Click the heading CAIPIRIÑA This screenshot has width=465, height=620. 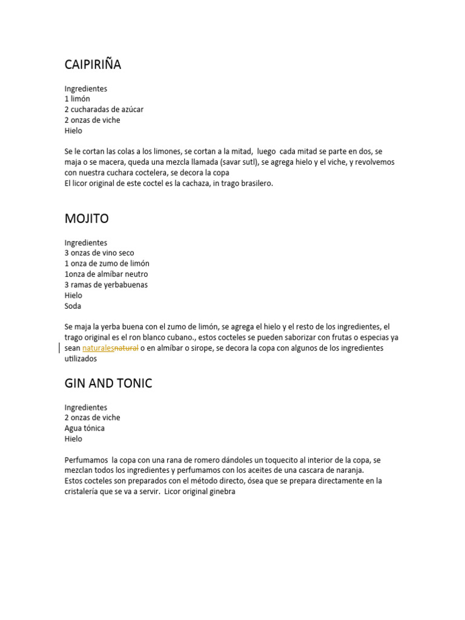93,65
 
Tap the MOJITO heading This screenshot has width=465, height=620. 87,219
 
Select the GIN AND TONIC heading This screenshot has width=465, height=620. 108,383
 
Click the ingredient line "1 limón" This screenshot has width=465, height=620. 77,99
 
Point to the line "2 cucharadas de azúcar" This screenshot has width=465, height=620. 104,110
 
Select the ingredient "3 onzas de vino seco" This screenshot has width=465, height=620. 99,253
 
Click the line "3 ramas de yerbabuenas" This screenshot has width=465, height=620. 106,285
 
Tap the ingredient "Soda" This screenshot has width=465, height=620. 73,306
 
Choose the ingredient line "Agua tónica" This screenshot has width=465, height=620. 85,429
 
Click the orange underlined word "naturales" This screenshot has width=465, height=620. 98,348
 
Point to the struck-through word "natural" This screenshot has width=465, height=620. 127,348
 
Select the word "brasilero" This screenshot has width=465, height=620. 256,183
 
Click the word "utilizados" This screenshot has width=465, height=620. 81,359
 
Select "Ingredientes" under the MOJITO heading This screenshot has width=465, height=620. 86,243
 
